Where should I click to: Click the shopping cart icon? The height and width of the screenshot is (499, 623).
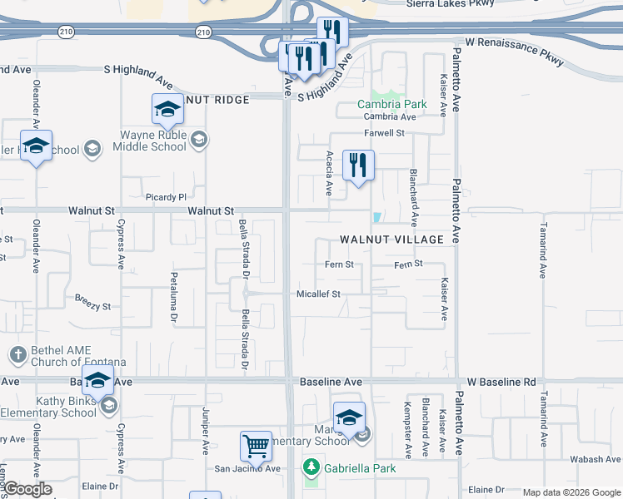[x=256, y=446]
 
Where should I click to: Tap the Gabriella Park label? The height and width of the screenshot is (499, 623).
[x=360, y=468]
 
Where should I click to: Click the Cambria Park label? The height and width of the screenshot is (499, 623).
[x=391, y=104]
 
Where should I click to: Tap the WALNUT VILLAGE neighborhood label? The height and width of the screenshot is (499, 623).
[x=391, y=240]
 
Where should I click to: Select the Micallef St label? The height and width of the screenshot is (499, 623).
[x=319, y=294]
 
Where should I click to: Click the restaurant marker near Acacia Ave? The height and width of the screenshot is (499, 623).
[x=358, y=166]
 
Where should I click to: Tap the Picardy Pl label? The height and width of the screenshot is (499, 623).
[x=166, y=197]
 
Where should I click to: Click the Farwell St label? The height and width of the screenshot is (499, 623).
[x=383, y=133]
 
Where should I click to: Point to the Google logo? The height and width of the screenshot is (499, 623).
[x=27, y=489]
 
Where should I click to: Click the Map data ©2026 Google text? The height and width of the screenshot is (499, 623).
[x=571, y=492]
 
